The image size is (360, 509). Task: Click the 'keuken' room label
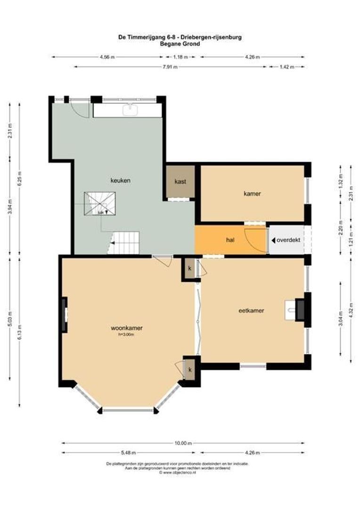120,180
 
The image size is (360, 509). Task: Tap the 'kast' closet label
180,181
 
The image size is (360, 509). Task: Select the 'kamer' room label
252,193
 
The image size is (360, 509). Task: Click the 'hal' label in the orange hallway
231,240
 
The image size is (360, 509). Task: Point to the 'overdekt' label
288,240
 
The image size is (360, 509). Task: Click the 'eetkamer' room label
251,311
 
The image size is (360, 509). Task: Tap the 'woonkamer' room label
127,328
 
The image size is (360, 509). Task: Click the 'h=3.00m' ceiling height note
126,335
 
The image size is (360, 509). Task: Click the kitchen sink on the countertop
128,110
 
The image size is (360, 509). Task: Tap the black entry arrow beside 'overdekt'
273,240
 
